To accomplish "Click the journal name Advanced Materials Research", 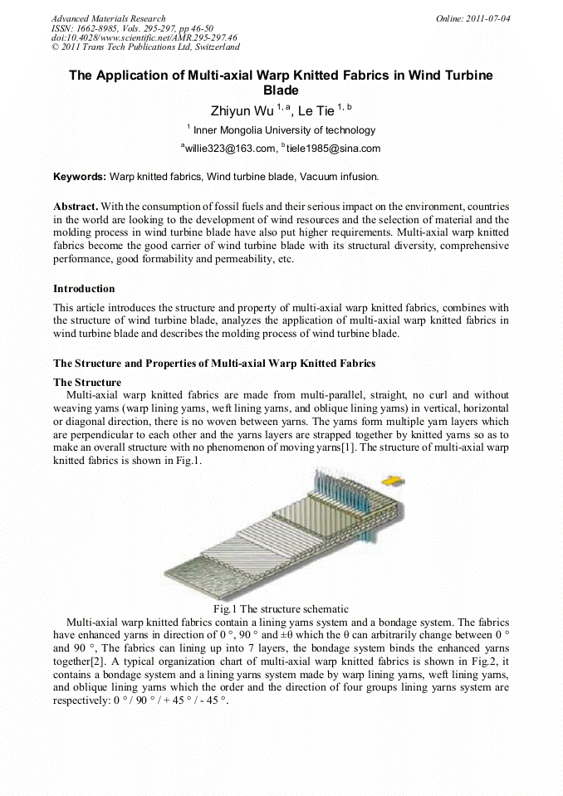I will coord(108,18).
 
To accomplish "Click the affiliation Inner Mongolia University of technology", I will coord(284,130).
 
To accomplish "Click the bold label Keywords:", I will coord(80,177).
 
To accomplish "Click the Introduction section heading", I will coord(84,289).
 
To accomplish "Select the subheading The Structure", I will coord(87,383).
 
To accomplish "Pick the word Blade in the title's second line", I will coord(281,90).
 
